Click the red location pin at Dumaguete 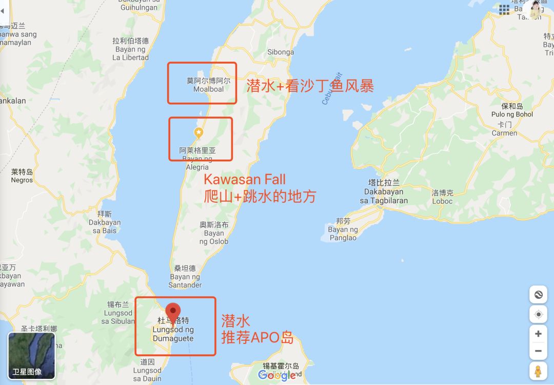pos(173,311)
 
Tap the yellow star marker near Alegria pos(199,133)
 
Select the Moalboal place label pos(208,85)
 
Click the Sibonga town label pos(281,52)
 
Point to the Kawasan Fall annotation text pos(245,180)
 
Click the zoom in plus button pos(538,334)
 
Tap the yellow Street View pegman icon pos(538,371)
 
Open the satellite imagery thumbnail pos(31,356)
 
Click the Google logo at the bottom pos(277,375)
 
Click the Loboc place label pos(442,197)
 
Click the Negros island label pos(22,176)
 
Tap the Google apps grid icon pos(504,9)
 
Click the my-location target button pos(538,315)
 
